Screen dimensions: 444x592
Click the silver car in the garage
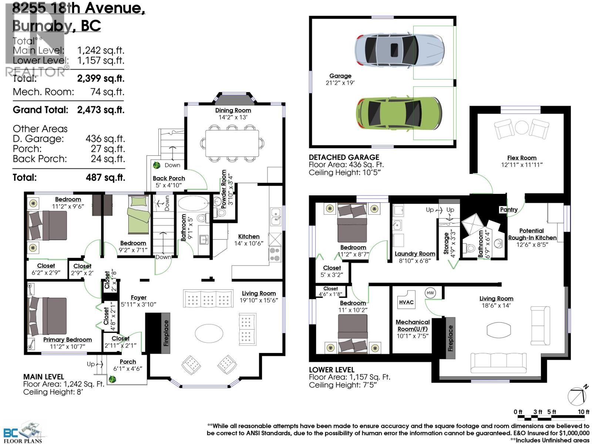click(x=400, y=50)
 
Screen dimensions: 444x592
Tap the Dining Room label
click(x=233, y=110)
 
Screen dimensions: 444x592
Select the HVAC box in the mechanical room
click(x=406, y=302)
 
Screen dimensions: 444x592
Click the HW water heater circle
click(x=430, y=293)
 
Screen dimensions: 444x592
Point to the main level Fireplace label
click(x=166, y=333)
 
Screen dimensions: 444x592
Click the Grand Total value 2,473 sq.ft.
click(x=101, y=110)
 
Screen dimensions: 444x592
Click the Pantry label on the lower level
click(x=509, y=209)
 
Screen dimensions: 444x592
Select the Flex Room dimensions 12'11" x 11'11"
click(x=522, y=165)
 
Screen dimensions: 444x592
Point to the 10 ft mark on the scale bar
click(x=583, y=412)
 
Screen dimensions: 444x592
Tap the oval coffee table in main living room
click(x=209, y=333)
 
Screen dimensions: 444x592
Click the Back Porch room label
click(x=169, y=178)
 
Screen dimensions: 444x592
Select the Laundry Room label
click(x=414, y=254)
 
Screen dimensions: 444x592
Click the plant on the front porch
click(x=112, y=379)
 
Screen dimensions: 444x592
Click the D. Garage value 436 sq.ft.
click(x=105, y=139)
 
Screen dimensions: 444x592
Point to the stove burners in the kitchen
click(x=275, y=254)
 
